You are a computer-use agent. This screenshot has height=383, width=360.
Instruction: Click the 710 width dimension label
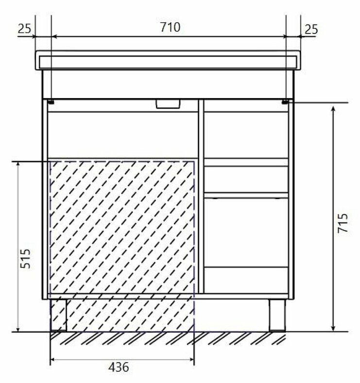click(170, 27)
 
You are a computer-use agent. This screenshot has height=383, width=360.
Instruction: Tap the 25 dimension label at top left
click(24, 29)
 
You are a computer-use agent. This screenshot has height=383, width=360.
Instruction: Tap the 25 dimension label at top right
click(311, 29)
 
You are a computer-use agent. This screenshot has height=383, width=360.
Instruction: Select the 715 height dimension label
click(343, 223)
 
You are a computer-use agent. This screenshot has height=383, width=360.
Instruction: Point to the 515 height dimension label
click(25, 258)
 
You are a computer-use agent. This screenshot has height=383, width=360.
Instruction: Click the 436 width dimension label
click(119, 366)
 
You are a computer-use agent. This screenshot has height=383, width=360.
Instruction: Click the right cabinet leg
click(277, 315)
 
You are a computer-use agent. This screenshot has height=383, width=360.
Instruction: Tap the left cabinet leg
click(58, 315)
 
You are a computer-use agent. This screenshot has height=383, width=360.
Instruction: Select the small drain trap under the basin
click(168, 103)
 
